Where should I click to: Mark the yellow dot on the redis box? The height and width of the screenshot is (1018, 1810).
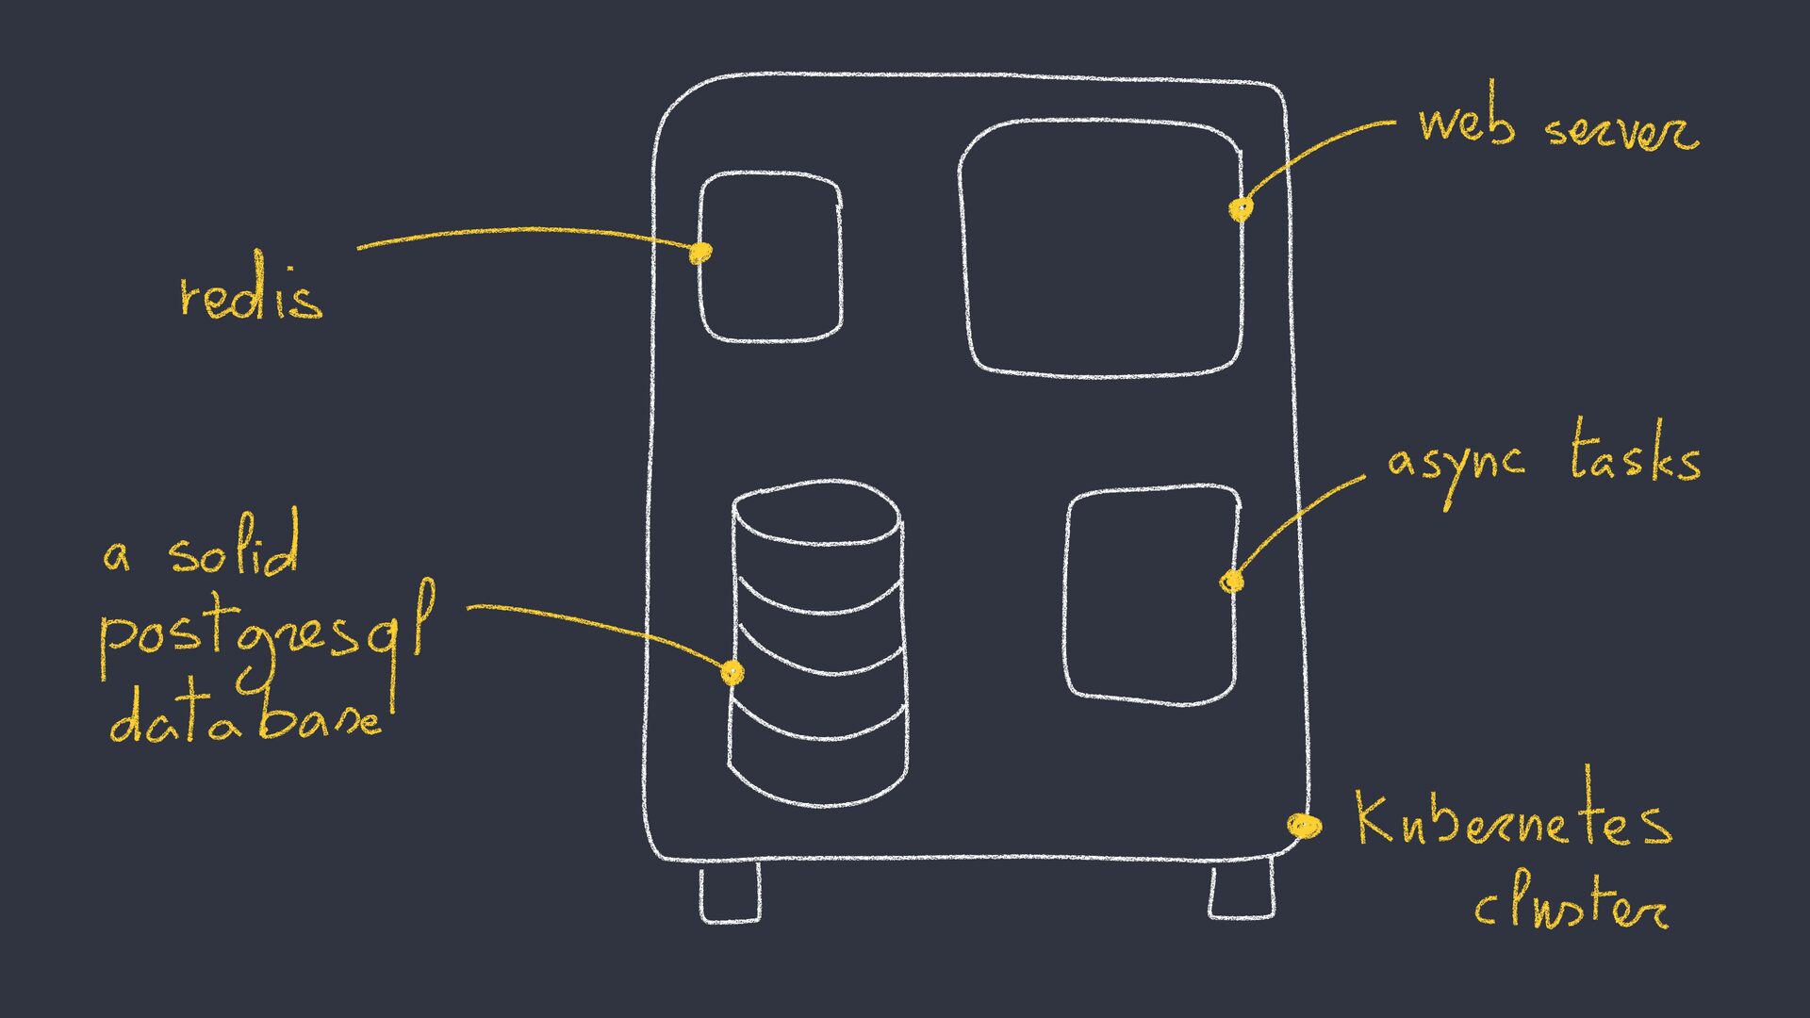coord(699,252)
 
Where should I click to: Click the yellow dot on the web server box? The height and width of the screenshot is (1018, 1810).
coord(1242,207)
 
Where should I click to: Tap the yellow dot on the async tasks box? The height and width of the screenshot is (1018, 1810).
coord(1231,582)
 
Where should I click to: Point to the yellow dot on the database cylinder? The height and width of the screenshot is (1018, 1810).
coord(732,672)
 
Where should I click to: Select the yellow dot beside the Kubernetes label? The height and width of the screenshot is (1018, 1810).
coord(1305,826)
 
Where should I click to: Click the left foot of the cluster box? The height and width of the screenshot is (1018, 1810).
coord(730,893)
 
